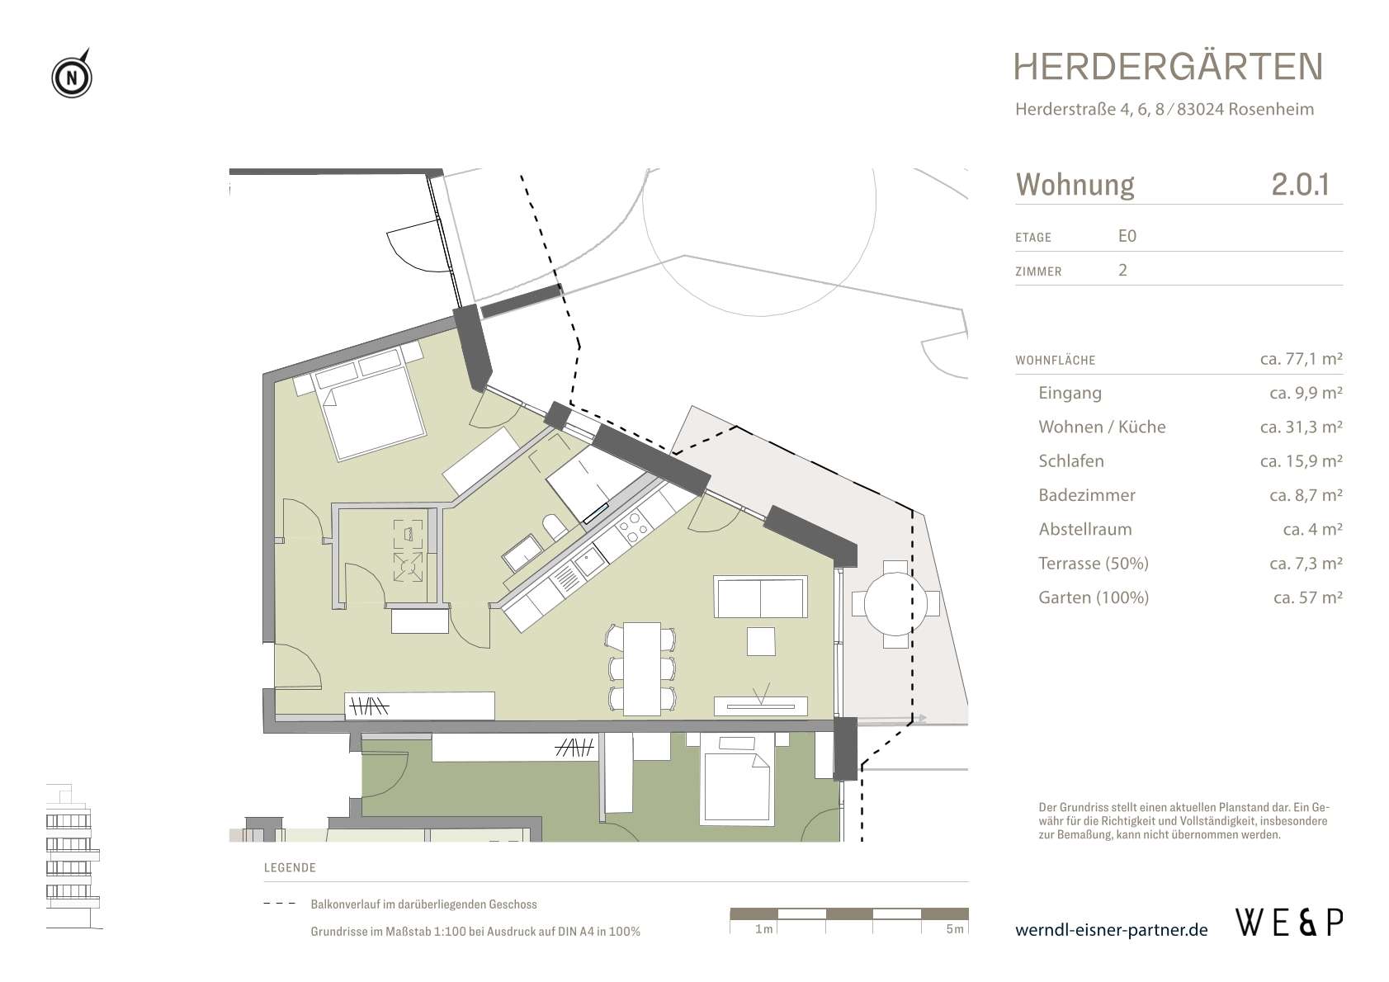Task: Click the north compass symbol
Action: point(73,78)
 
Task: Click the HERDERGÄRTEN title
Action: point(1167,67)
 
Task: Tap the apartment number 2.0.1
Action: point(1300,184)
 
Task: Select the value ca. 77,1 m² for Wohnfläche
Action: point(1301,359)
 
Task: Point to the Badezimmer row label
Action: point(1086,495)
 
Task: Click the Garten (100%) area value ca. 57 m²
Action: point(1307,597)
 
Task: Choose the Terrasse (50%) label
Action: point(1093,564)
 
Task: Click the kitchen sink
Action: point(587,564)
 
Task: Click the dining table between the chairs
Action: point(641,668)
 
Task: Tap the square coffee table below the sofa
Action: point(760,641)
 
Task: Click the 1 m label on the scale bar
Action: point(763,929)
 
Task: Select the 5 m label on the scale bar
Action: point(954,929)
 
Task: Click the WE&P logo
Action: point(1288,922)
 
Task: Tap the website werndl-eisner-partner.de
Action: point(1111,930)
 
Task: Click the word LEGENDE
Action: point(290,868)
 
